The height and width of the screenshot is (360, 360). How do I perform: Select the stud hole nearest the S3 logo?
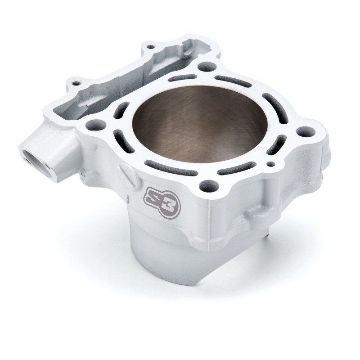(x=208, y=184)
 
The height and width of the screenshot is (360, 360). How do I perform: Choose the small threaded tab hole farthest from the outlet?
(x=150, y=47)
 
